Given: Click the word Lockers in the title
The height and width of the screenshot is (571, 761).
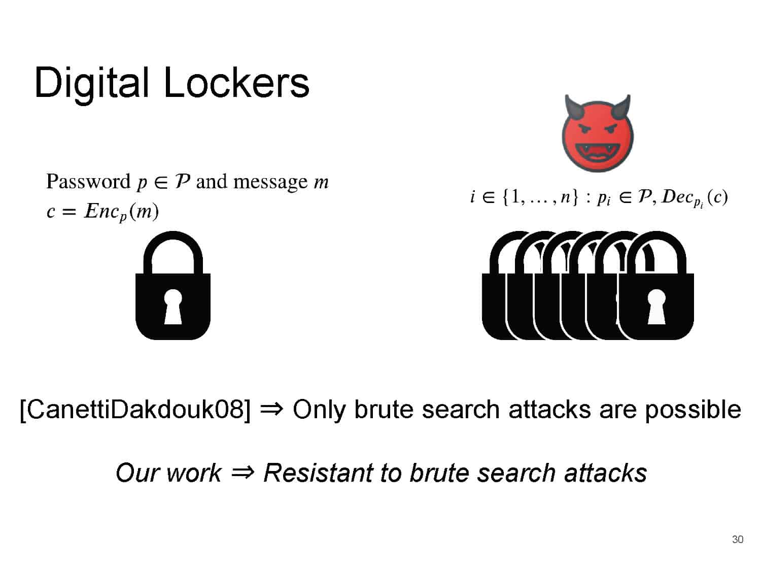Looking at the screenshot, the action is (236, 83).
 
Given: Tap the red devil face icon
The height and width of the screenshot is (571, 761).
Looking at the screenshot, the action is (597, 133).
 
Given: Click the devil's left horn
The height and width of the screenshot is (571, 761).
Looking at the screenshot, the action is (574, 108).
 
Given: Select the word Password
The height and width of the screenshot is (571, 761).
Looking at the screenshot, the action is (88, 182).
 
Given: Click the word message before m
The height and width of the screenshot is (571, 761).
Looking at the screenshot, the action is (270, 182).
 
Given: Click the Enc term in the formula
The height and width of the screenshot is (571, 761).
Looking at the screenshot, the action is (106, 212).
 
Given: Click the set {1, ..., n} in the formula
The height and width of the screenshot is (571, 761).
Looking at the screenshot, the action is (540, 197).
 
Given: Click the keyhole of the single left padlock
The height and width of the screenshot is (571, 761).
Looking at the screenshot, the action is (172, 307).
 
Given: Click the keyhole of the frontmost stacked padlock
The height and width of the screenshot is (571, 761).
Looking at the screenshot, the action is (656, 307).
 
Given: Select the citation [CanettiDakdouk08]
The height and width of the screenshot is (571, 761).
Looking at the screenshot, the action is (135, 410).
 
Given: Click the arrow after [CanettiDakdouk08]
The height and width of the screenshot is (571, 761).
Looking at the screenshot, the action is (271, 410).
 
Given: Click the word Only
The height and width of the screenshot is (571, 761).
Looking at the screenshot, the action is (319, 410).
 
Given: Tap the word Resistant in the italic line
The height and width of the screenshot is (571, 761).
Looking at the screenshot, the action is (318, 473).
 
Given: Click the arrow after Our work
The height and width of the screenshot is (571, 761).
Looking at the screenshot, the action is (243, 473).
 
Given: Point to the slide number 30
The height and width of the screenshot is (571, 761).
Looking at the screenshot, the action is (738, 540).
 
